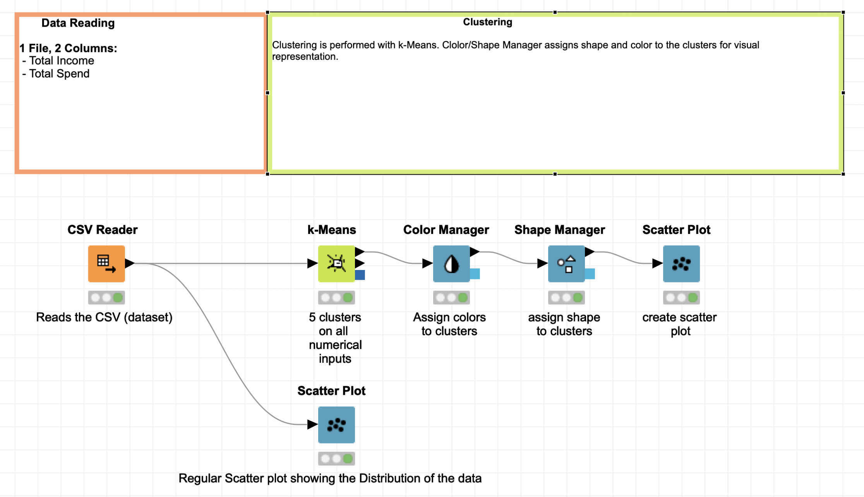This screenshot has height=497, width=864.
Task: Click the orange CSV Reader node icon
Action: pos(106,263)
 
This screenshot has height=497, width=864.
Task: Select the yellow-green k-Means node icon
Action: pos(336,263)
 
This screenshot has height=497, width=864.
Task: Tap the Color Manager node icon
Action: pos(451,263)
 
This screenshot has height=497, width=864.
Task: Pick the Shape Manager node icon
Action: pos(566,263)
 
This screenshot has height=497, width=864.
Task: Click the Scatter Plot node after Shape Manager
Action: pos(681,263)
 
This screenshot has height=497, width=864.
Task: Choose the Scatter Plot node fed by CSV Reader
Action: pos(336,425)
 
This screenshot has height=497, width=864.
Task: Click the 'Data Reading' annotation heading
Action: pos(78,23)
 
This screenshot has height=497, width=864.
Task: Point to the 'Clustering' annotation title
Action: pos(487,22)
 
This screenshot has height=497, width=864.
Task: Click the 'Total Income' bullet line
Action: pos(61,61)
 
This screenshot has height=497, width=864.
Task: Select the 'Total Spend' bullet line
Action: pos(59,74)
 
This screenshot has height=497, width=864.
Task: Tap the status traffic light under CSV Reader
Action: pos(106,298)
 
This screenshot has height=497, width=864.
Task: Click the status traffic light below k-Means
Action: pos(336,298)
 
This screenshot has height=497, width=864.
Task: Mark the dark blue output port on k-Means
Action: pos(360,275)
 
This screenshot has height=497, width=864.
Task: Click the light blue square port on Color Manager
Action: pos(475,274)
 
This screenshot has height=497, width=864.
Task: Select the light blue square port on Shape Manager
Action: pos(590,274)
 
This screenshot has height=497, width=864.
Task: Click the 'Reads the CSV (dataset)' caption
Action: pos(104,317)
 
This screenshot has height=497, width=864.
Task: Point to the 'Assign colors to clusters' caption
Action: pos(449,324)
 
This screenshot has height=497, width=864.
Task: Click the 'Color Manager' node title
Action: pos(446,230)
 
